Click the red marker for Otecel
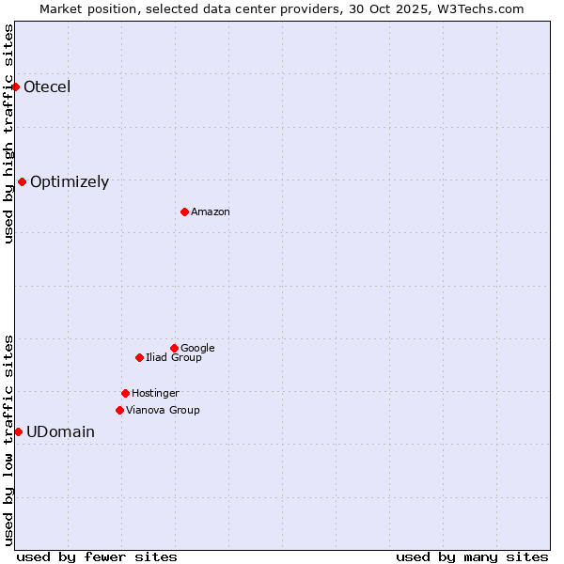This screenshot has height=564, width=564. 15,86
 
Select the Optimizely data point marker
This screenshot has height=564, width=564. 22,181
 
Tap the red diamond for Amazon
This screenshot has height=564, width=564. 184,211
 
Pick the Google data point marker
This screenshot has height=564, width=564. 174,348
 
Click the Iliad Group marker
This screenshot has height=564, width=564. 139,357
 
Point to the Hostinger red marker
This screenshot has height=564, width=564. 125,393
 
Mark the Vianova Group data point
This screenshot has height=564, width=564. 119,410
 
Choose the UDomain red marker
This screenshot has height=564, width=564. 18,431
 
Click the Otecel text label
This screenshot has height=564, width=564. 47,87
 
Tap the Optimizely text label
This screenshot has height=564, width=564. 70,182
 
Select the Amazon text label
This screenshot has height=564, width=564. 211,212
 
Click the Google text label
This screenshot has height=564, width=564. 197,349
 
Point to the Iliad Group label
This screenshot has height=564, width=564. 174,358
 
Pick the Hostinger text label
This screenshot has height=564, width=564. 155,394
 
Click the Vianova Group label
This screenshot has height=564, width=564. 163,411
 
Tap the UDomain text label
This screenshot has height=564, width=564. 60,432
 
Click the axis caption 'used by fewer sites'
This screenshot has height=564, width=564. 97,557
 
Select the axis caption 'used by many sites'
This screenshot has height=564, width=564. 472,557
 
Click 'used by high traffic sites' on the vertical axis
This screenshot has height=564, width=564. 8,133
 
